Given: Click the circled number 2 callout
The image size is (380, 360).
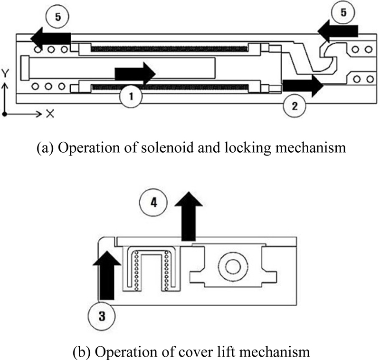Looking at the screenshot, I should (x=294, y=106).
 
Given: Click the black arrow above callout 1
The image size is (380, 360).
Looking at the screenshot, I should (x=135, y=74).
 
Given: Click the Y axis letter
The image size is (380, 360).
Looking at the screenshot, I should (x=4, y=73).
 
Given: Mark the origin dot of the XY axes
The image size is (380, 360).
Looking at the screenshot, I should (x=4, y=114).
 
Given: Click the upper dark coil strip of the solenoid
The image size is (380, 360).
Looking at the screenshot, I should (x=169, y=49).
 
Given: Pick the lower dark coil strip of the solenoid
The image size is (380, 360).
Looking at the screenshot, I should (x=169, y=87).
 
